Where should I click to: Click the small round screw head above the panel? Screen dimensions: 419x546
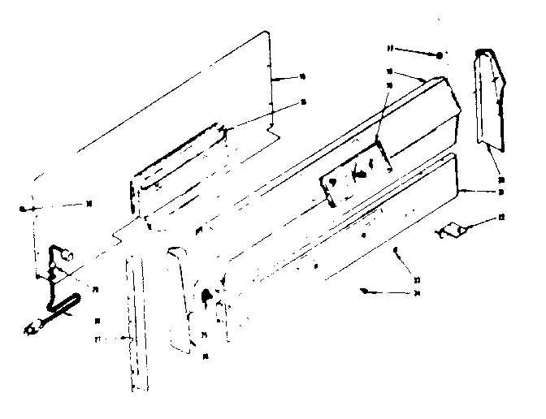point(440,55)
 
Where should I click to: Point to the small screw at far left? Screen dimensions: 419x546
point(25,209)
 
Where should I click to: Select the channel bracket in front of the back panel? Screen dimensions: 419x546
point(177,175)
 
